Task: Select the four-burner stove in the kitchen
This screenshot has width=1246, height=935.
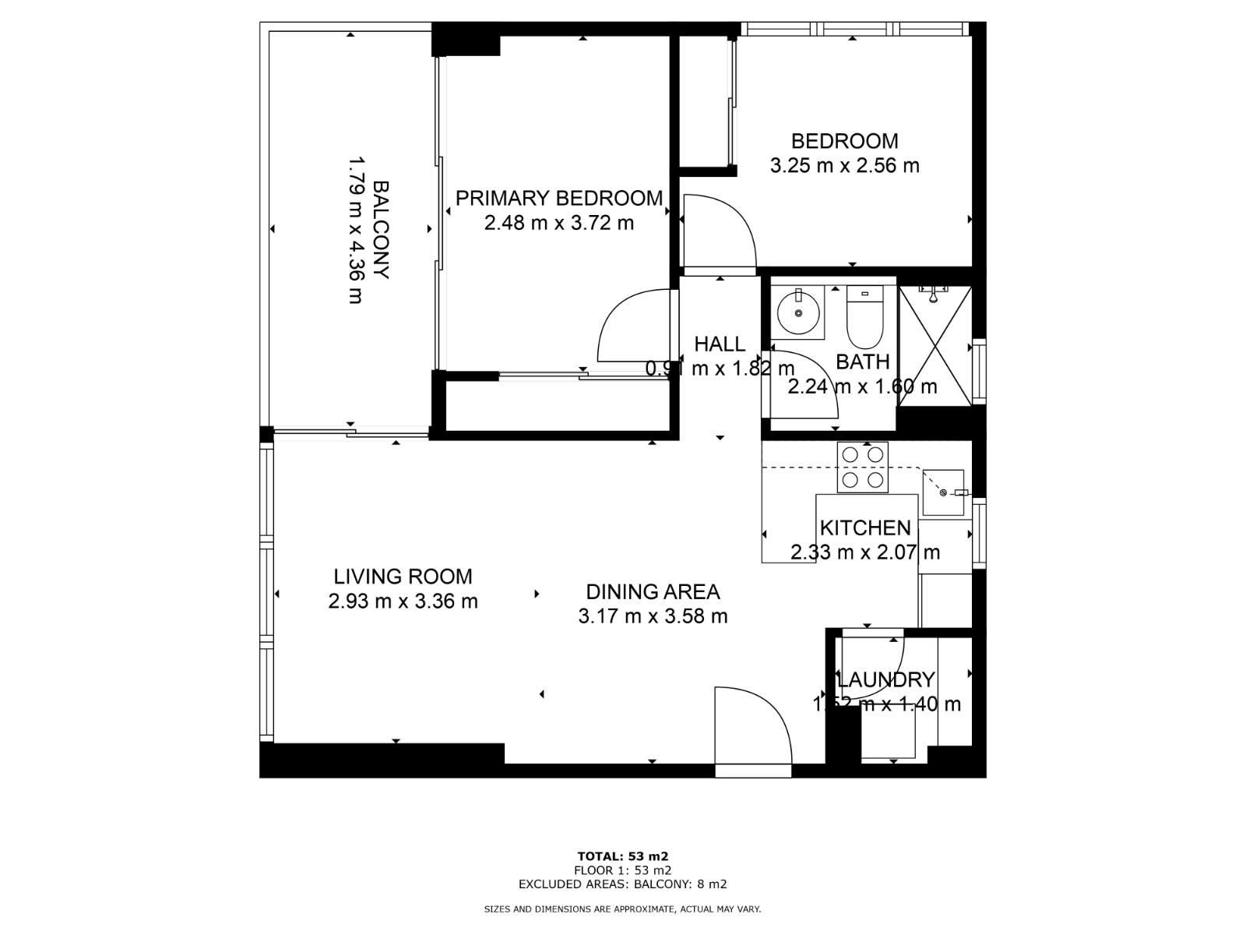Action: (x=863, y=467)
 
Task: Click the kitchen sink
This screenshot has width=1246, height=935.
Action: (x=943, y=492)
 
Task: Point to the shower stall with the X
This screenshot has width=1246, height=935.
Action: (x=935, y=346)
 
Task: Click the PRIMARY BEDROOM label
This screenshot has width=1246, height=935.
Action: (x=558, y=198)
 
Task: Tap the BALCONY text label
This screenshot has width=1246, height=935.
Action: (x=381, y=230)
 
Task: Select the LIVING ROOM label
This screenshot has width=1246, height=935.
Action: (x=403, y=577)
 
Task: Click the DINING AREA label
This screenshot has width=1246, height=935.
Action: (x=653, y=592)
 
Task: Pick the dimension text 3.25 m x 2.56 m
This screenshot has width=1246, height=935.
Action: (x=844, y=166)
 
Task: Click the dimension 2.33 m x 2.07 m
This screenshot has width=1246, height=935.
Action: (x=864, y=553)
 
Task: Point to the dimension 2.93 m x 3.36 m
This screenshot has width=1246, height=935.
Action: (x=403, y=602)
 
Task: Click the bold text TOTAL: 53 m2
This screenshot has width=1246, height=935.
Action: (x=623, y=856)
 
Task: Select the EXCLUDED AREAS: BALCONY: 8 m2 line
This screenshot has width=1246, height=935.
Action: (x=623, y=884)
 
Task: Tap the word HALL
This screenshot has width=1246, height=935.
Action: (x=720, y=344)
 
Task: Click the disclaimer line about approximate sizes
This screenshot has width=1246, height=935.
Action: (x=623, y=909)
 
